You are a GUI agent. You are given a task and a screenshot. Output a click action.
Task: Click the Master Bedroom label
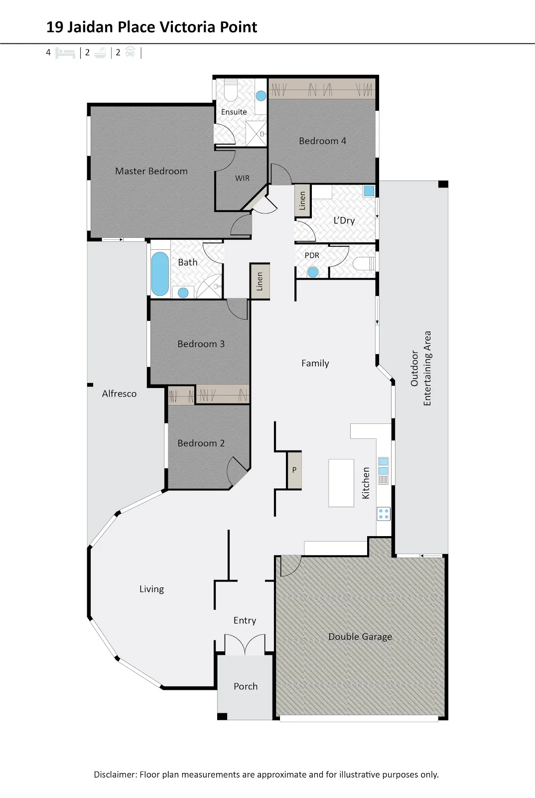151,171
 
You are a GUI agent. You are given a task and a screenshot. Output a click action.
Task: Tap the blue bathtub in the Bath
160,274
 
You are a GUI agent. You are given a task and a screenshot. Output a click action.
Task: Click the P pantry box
294,470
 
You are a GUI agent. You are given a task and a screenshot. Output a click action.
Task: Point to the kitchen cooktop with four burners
384,514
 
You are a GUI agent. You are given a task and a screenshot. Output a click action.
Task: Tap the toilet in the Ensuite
231,91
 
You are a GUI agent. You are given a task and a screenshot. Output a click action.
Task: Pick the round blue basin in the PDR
313,272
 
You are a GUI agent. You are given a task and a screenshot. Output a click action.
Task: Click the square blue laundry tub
369,191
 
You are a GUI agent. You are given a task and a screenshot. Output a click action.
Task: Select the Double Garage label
360,636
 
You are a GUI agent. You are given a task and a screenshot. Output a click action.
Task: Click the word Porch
246,686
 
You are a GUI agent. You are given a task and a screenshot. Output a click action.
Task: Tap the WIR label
242,178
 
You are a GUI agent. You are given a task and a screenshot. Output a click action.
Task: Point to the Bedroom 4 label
322,141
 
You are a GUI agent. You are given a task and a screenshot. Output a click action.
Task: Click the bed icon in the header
65,53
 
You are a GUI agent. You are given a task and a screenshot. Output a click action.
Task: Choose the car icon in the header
130,52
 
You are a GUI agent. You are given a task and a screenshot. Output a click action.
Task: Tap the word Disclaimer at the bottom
115,774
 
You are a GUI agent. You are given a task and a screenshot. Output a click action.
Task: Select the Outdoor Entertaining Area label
421,369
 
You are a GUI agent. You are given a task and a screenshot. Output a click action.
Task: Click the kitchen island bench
341,483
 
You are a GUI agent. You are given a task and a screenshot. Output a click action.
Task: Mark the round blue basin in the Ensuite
261,95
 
